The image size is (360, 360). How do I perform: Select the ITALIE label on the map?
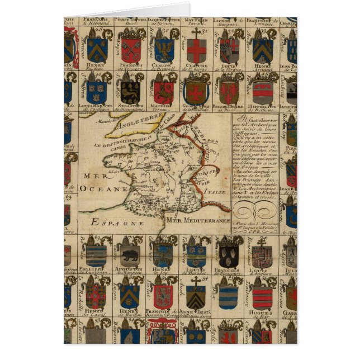[x=210, y=192]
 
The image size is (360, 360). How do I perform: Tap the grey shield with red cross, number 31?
[x=197, y=49]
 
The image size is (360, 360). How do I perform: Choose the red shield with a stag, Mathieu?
[x=163, y=91]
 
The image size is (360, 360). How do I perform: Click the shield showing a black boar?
[x=129, y=254]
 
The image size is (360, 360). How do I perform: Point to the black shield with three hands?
[x=229, y=254]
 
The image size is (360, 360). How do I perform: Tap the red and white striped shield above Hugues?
[x=262, y=295]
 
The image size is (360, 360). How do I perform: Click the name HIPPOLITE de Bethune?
[x=262, y=106]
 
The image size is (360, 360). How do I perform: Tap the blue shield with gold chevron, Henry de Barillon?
[x=129, y=295]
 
